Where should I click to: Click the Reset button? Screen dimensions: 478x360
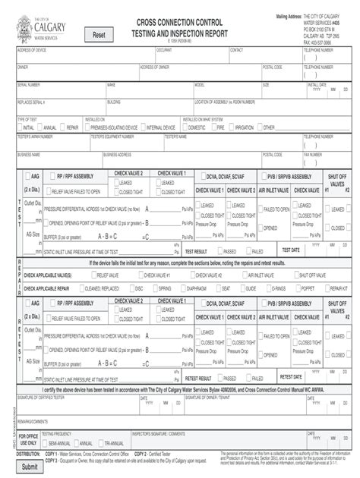[99, 35]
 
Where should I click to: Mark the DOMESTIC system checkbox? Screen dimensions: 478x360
[185, 127]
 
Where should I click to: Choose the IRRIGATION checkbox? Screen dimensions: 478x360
[232, 127]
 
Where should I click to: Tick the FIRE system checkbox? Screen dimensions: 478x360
[213, 127]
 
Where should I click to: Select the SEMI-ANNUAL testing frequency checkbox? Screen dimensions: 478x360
[45, 443]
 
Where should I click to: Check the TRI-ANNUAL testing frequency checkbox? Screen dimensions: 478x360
[102, 443]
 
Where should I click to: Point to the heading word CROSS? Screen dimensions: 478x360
[153, 24]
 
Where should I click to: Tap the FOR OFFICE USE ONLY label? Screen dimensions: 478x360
[28, 439]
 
